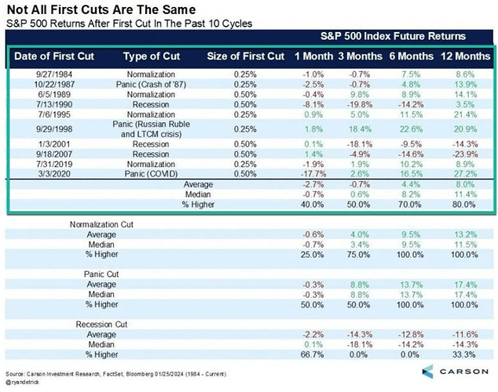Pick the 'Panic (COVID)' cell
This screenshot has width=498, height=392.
click(x=152, y=174)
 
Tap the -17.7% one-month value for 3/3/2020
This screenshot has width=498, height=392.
click(x=309, y=174)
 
